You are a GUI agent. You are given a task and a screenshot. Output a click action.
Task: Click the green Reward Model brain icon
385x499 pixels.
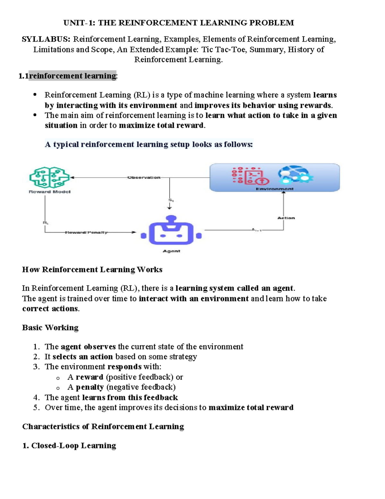coord(49,177)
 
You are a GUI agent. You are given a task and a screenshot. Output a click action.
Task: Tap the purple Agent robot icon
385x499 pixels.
coord(171,231)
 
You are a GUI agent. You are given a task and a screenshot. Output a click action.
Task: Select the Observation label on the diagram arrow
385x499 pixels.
coord(144,177)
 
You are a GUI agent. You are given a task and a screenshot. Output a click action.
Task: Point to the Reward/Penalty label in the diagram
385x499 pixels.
coord(86,232)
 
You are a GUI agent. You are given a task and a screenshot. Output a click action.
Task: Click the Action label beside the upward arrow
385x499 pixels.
coord(286,218)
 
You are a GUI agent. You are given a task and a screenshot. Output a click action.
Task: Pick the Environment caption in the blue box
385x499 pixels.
coord(274,189)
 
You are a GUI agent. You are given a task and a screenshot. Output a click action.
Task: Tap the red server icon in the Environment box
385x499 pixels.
coord(250,175)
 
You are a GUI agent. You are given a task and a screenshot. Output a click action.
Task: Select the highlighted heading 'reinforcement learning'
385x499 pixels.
coord(73,76)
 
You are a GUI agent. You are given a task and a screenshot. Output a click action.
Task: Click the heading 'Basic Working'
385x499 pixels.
coord(50,328)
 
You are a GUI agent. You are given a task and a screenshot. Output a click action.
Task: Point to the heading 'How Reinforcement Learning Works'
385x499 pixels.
coord(92,270)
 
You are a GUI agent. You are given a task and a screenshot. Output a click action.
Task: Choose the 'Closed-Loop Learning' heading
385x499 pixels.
coord(73,446)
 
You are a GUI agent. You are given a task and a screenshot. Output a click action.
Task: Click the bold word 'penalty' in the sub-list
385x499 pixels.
coord(90,387)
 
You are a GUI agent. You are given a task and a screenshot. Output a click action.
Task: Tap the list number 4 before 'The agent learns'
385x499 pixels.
coord(36,397)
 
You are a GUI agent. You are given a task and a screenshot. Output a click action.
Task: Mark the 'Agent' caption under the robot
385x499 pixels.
coord(171,251)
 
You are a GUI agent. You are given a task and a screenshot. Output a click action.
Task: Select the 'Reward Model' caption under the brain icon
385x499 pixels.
coord(49,192)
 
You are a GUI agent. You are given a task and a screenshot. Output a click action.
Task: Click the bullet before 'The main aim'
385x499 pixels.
coord(35,115)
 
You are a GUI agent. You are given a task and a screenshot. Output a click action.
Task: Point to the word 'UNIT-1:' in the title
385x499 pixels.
coord(79,23)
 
